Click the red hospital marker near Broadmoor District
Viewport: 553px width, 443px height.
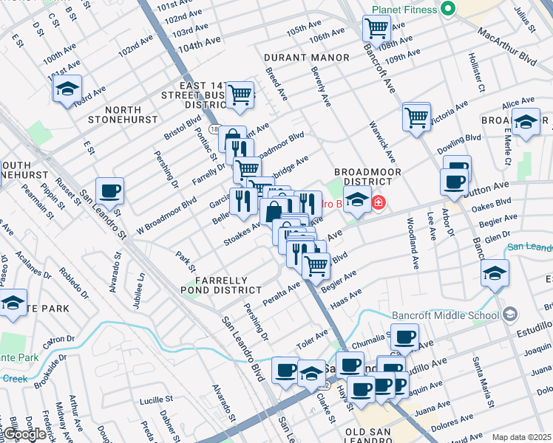coord(379,202)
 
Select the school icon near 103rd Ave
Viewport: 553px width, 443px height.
coord(67,89)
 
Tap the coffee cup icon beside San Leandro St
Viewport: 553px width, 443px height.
coord(110,191)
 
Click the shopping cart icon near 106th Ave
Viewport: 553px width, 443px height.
coord(377,29)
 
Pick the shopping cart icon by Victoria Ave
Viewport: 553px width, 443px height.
coord(417,116)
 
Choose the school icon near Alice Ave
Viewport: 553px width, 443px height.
coord(526,123)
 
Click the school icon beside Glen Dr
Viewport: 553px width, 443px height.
coord(495,273)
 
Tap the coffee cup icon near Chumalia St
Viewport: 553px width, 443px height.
coord(404,337)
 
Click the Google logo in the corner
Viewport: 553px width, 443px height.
coord(24,434)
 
